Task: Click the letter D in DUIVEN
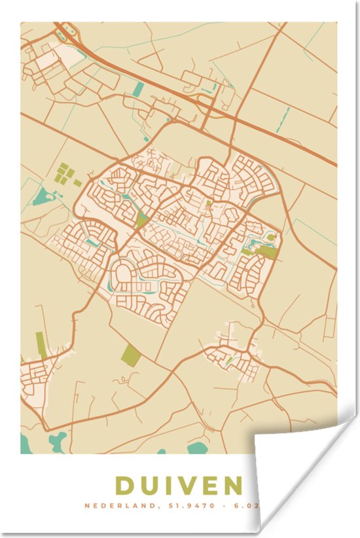[126, 486]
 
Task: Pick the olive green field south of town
[131, 355]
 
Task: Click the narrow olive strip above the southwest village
[42, 345]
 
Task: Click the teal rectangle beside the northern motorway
[137, 90]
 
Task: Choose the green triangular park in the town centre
[141, 219]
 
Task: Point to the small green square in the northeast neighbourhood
[209, 204]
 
